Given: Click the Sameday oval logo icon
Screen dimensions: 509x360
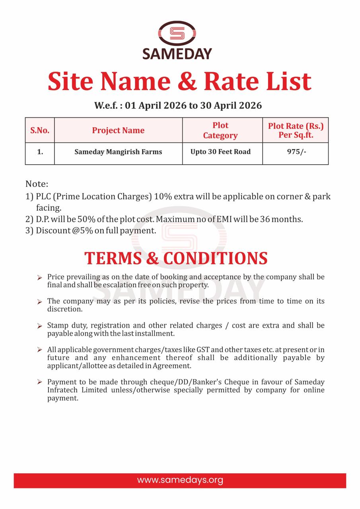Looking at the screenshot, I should click(177, 33).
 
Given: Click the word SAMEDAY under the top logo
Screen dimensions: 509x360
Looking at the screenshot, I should click(177, 53).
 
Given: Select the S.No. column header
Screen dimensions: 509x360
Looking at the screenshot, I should click(40, 130).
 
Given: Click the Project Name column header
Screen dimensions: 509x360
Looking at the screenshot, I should click(118, 130).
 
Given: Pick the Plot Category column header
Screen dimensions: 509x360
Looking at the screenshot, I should click(220, 130).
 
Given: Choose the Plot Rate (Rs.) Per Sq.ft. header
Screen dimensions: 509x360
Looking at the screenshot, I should click(296, 130).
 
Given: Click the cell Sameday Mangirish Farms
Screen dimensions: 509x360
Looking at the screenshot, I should click(118, 152).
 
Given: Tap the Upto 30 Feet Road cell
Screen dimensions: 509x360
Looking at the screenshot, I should click(220, 152).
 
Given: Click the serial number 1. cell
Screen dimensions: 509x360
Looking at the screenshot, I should click(40, 152).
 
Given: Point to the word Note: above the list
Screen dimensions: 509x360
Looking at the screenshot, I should click(37, 184).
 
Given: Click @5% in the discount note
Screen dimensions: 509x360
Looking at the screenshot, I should click(82, 231).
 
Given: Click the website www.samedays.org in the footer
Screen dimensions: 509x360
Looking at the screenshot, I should click(180, 480).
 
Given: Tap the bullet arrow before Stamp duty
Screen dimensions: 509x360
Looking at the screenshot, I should click(39, 326).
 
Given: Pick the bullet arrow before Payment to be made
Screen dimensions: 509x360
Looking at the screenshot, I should click(39, 382).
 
